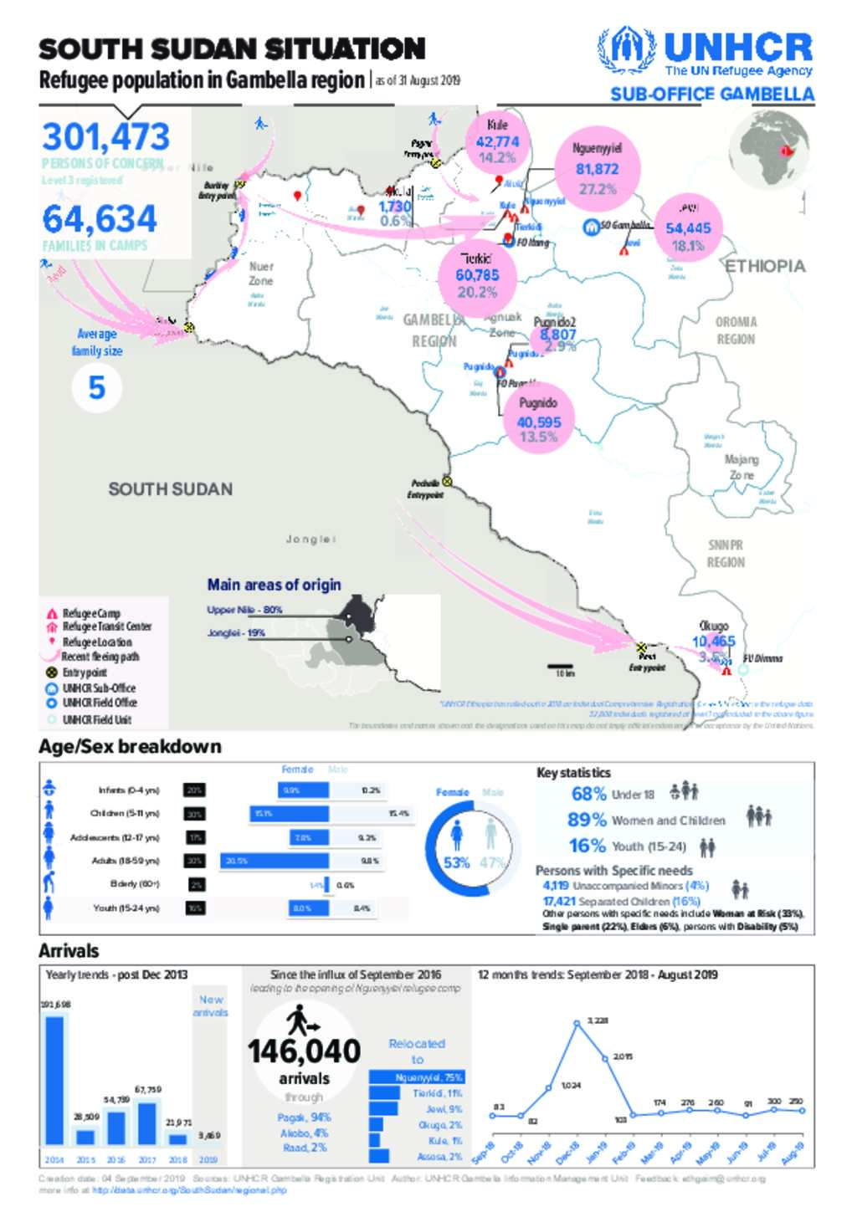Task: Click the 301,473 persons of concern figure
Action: (x=105, y=137)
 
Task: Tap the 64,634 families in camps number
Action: (x=100, y=219)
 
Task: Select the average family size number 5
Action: (x=97, y=388)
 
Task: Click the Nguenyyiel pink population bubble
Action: (x=598, y=168)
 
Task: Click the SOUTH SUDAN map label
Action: (x=170, y=489)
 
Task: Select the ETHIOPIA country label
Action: (x=764, y=266)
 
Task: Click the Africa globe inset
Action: (x=768, y=151)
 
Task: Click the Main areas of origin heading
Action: (x=274, y=585)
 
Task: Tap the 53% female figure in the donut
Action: (x=457, y=862)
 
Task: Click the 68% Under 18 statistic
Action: (x=589, y=794)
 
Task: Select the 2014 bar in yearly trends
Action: (x=54, y=1081)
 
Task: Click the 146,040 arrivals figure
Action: (x=304, y=1051)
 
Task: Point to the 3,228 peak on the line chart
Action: (x=577, y=1023)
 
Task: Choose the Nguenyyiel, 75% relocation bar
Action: (x=416, y=1077)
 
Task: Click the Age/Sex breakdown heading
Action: (x=130, y=746)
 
